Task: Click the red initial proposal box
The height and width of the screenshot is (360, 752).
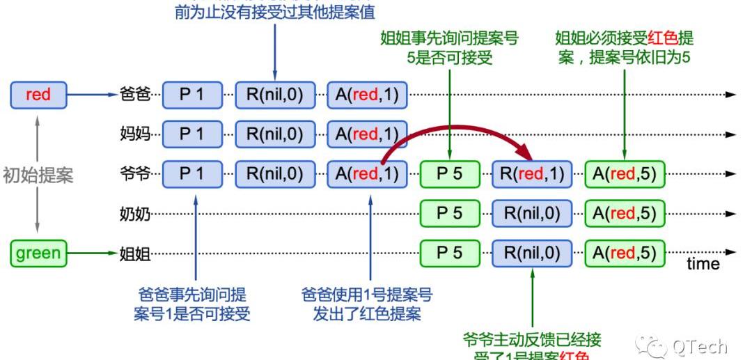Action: click(38, 95)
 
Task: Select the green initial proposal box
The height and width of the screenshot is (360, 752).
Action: click(38, 253)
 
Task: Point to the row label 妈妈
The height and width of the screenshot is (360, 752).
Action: click(135, 134)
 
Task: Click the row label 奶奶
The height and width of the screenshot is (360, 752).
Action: click(135, 214)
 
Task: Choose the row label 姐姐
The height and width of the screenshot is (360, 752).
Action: click(135, 253)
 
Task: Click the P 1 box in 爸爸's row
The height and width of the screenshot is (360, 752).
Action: click(193, 95)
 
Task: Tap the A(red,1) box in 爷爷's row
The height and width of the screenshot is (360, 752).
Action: click(367, 173)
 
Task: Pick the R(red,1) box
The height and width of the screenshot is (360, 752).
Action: click(532, 173)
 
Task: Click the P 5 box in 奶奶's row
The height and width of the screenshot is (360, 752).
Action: click(449, 213)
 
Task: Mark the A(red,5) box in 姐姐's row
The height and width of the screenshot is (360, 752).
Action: click(624, 253)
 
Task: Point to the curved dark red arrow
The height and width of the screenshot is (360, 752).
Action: click(453, 128)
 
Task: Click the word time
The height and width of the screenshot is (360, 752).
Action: click(703, 264)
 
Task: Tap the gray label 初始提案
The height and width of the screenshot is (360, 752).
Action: click(38, 175)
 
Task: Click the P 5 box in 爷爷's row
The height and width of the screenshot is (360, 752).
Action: click(449, 173)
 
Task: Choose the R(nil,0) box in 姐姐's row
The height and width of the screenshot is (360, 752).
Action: click(532, 253)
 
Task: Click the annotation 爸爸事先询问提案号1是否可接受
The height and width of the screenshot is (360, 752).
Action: click(192, 304)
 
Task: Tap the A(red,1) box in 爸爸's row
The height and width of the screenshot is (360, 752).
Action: click(367, 95)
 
